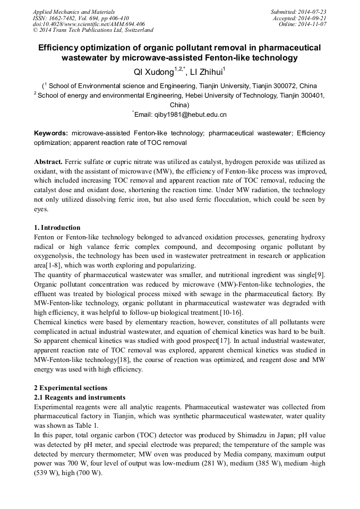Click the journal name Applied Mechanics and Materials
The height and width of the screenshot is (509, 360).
[x=74, y=12]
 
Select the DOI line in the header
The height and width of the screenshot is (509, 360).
[x=89, y=24]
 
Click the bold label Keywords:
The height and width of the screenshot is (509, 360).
[x=51, y=133]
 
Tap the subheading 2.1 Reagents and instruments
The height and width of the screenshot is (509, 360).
[x=79, y=398]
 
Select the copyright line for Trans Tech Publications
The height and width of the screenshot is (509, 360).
[x=93, y=31]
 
